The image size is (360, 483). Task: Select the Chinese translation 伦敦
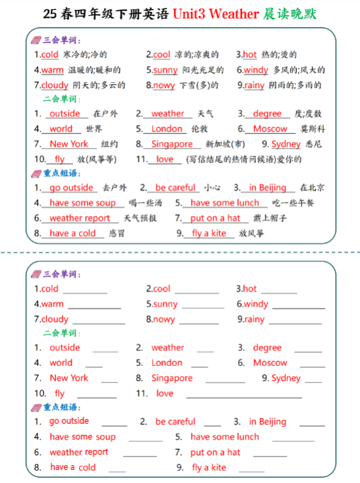click(x=199, y=129)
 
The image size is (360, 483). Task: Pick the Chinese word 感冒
click(x=116, y=234)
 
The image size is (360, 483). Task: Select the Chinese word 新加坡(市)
click(x=225, y=144)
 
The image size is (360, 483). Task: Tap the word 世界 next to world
click(x=93, y=129)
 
